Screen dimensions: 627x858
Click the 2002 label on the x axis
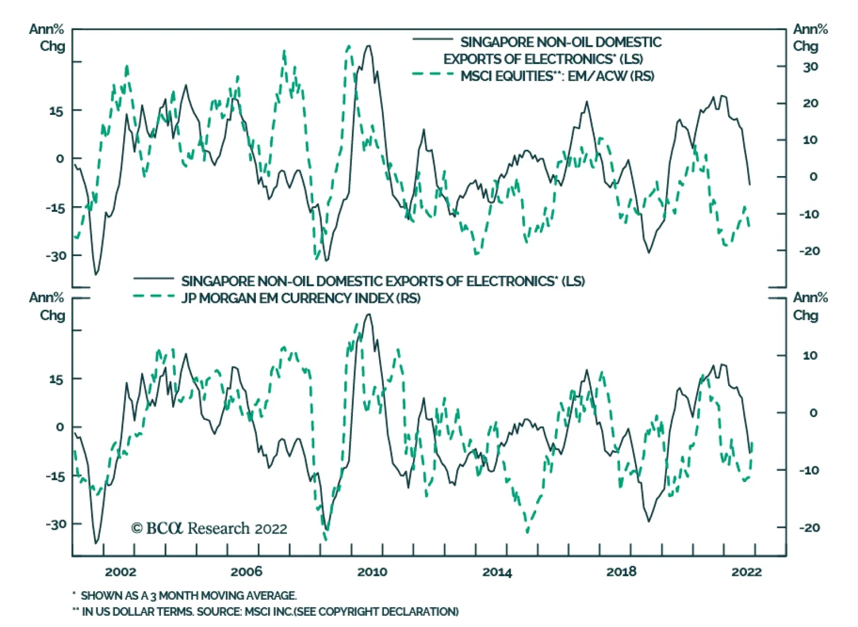click(120, 572)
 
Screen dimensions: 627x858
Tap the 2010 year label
click(372, 572)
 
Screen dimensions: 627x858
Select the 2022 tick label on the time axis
click(746, 572)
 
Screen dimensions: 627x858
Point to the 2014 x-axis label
click(497, 572)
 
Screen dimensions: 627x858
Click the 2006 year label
click(246, 572)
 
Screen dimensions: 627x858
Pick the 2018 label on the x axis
click(621, 572)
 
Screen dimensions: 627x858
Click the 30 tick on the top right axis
click(810, 67)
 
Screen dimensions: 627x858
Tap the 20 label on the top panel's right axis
click(810, 103)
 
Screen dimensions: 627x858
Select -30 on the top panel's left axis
click(56, 256)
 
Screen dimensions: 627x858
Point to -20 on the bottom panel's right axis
click(809, 528)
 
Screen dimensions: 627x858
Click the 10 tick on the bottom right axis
click(810, 355)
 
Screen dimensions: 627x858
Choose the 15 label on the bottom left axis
click(56, 380)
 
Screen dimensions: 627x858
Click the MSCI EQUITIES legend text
click(557, 76)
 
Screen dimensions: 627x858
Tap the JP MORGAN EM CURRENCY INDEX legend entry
click(300, 298)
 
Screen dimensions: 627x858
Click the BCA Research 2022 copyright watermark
click(209, 529)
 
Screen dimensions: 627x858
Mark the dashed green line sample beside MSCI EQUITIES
click(433, 74)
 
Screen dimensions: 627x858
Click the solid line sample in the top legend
click(433, 39)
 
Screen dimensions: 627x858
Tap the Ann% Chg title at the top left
click(47, 38)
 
